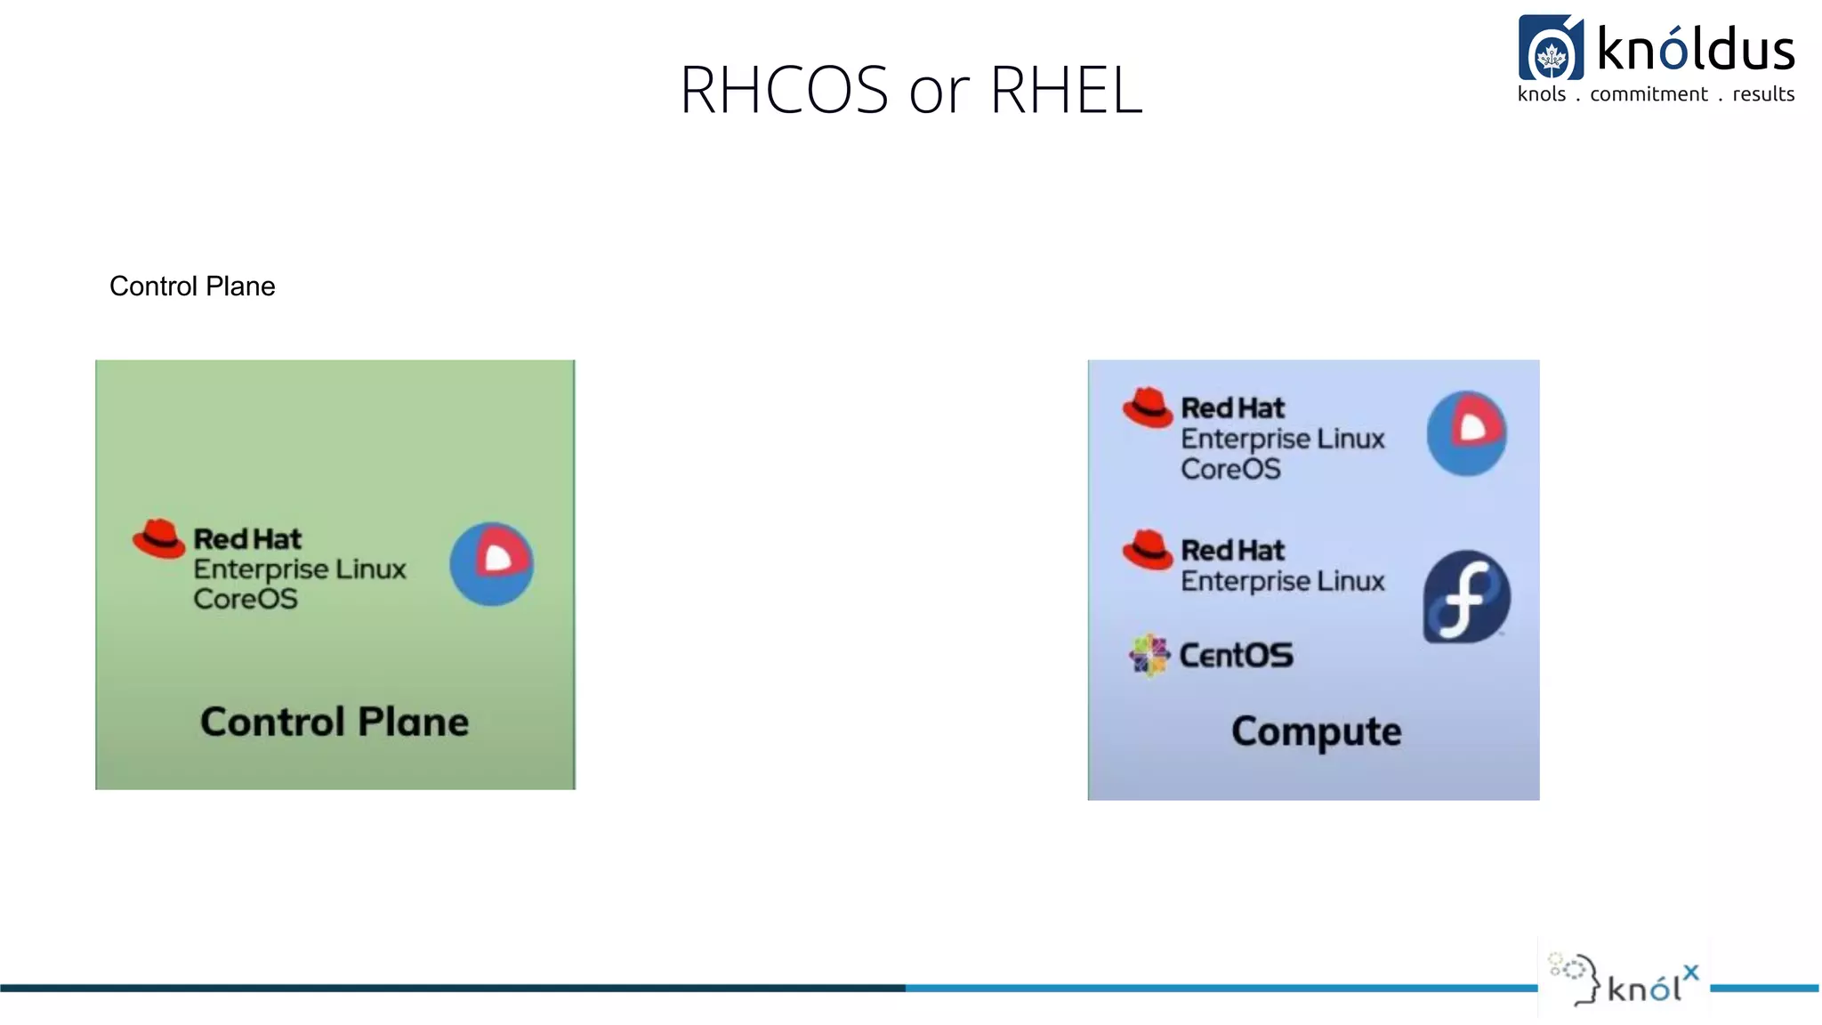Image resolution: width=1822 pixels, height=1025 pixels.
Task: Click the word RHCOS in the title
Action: pyautogui.click(x=784, y=90)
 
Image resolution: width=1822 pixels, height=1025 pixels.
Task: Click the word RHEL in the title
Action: pyautogui.click(x=1065, y=90)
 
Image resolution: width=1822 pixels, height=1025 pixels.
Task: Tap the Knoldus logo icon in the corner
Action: pyautogui.click(x=1551, y=48)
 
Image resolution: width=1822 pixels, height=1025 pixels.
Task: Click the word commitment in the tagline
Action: pyautogui.click(x=1649, y=94)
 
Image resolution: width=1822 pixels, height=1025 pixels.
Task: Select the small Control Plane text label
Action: pyautogui.click(x=192, y=287)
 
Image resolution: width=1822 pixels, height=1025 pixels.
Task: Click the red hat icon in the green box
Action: pyautogui.click(x=158, y=538)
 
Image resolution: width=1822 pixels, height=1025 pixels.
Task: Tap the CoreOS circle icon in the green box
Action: pyautogui.click(x=491, y=564)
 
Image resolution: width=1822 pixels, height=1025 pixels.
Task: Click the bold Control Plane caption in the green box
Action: pyautogui.click(x=334, y=722)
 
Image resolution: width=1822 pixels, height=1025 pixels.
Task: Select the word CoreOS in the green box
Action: pyautogui.click(x=246, y=599)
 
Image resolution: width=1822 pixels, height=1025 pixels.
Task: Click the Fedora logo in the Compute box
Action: pyautogui.click(x=1466, y=596)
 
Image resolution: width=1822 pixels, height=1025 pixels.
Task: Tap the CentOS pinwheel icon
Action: pyautogui.click(x=1149, y=656)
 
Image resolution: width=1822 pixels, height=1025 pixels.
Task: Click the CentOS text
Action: pyautogui.click(x=1236, y=656)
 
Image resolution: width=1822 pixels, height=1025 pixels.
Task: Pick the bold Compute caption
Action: pyautogui.click(x=1316, y=731)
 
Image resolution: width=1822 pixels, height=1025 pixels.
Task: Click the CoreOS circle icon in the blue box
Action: pyautogui.click(x=1466, y=432)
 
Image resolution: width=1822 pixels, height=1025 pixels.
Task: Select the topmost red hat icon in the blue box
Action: pyautogui.click(x=1147, y=408)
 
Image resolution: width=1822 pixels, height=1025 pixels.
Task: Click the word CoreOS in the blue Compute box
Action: pyautogui.click(x=1230, y=469)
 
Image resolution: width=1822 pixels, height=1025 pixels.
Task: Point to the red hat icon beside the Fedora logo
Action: pyautogui.click(x=1147, y=549)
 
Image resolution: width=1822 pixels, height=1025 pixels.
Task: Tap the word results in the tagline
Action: pyautogui.click(x=1763, y=94)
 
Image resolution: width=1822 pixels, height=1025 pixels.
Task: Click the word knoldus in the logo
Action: pyautogui.click(x=1696, y=49)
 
